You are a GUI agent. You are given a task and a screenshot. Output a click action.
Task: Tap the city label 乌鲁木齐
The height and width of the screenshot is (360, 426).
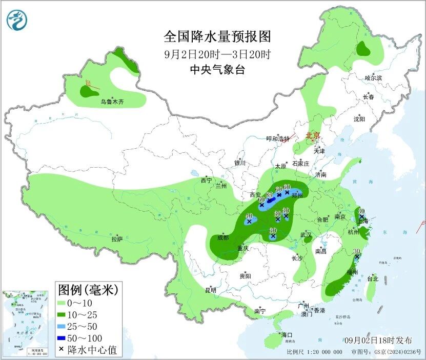coord(112,102)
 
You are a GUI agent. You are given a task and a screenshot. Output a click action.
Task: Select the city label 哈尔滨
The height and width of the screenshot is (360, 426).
coord(373,78)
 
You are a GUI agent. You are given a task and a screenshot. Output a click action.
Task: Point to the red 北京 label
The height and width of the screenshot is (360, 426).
coord(312,135)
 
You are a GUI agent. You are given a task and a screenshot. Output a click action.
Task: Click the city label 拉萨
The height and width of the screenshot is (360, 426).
coord(117,239)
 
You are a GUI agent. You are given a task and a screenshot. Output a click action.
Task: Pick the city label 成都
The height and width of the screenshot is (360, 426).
coord(222,237)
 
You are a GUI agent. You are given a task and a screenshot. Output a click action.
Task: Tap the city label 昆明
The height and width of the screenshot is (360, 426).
coord(211,290)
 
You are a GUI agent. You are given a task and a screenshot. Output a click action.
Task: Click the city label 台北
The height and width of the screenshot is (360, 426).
coord(373,279)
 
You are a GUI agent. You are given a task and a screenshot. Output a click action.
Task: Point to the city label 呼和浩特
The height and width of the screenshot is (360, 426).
coord(278,139)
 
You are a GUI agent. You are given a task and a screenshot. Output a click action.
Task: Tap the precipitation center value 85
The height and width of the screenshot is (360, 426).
coord(269,195)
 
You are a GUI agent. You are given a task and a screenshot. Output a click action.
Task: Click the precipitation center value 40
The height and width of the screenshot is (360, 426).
coord(249,216)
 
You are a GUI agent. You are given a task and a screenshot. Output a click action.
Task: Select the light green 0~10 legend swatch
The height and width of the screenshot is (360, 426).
coord(65,304)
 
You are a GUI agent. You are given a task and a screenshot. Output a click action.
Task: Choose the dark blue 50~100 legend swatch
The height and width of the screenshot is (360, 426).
coord(65,338)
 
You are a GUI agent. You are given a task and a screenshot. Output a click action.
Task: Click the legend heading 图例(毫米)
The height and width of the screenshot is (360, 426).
coord(88,290)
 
